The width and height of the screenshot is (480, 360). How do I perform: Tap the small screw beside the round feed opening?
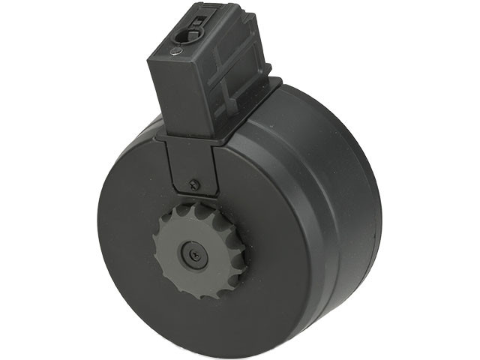175,52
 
